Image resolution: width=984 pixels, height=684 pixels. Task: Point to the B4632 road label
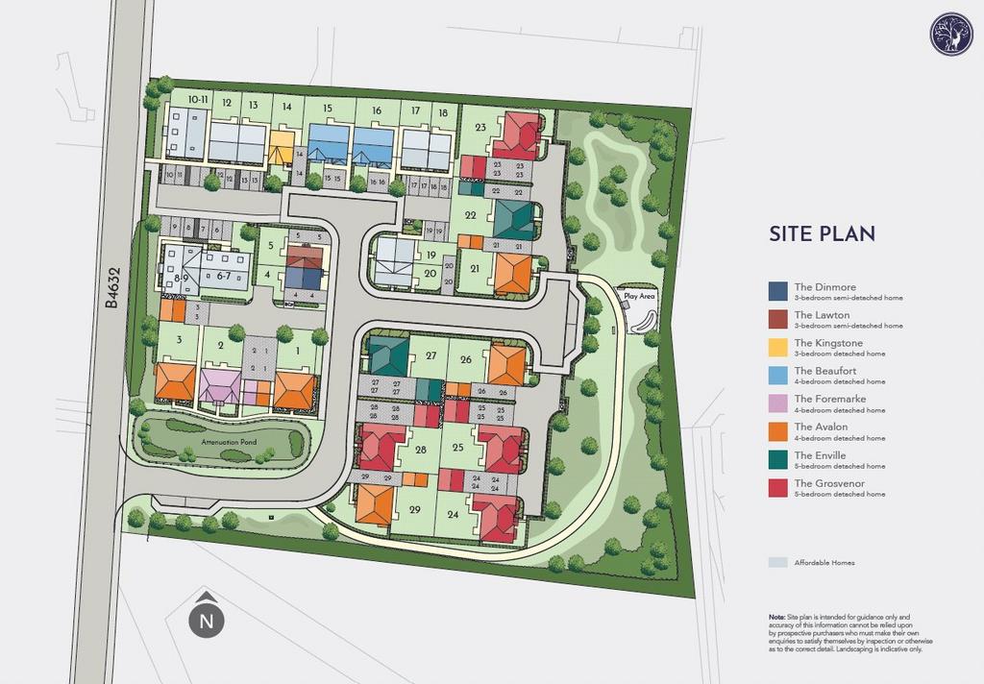tap(112, 289)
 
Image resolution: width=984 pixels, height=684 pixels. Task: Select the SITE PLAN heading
tap(822, 233)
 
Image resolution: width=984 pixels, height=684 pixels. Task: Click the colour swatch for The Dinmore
tap(777, 290)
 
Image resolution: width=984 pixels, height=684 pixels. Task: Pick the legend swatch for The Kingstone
tap(777, 346)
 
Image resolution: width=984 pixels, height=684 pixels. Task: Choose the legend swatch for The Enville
tap(777, 458)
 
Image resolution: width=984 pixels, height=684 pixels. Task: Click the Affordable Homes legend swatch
tap(777, 562)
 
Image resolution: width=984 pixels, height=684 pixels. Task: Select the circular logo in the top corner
tap(950, 34)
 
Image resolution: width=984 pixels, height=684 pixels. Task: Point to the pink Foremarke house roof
tap(220, 384)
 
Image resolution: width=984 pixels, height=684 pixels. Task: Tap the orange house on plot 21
tap(511, 273)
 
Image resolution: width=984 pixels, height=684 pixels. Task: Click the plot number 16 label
tap(377, 111)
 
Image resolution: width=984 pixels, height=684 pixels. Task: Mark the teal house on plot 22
tap(513, 219)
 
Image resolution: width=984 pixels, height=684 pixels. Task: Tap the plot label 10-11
tap(199, 99)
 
